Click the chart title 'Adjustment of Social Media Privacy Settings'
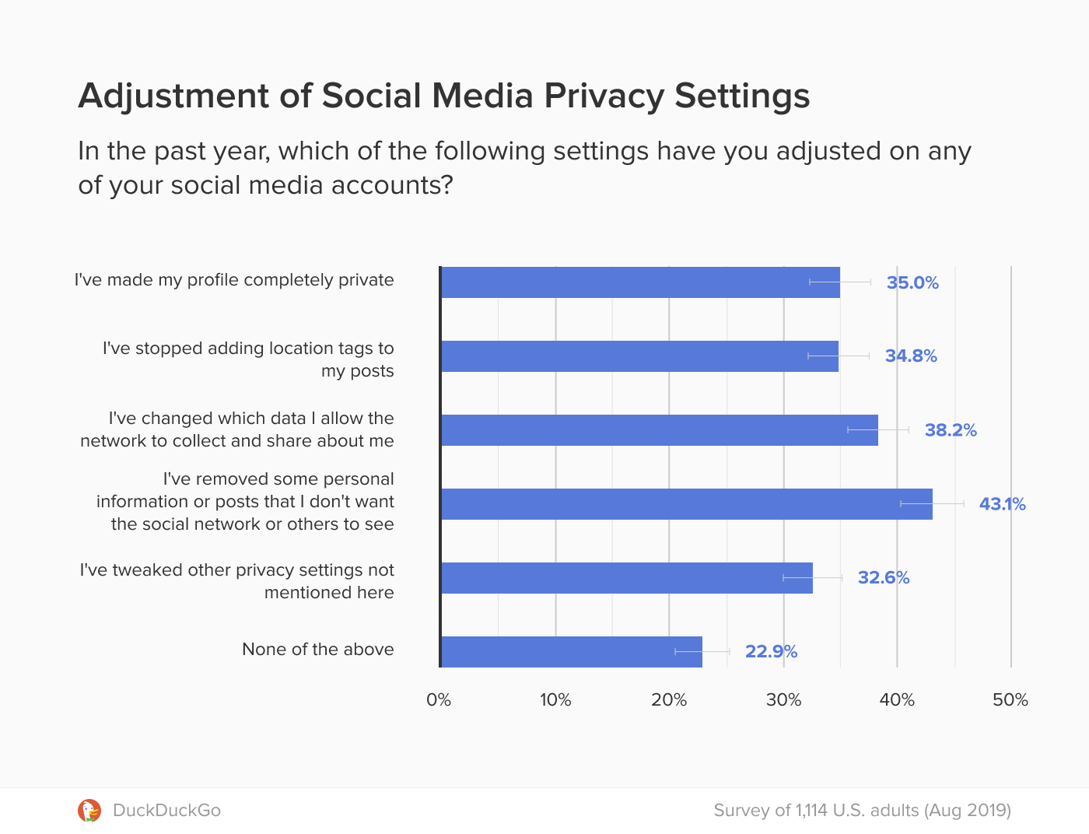click(x=443, y=96)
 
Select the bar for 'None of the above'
click(x=572, y=652)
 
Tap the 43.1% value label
click(x=1002, y=504)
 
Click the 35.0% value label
click(x=912, y=283)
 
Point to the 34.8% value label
click(x=911, y=356)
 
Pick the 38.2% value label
click(x=950, y=430)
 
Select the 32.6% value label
click(x=884, y=577)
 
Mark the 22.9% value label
click(x=771, y=651)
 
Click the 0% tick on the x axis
click(x=439, y=700)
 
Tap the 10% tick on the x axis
click(x=555, y=700)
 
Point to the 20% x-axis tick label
click(x=669, y=700)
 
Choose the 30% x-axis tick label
click(x=783, y=700)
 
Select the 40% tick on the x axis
click(x=897, y=700)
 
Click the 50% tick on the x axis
click(x=1010, y=700)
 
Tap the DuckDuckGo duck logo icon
click(x=89, y=811)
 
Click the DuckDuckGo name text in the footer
click(x=166, y=811)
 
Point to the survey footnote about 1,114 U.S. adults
click(x=862, y=811)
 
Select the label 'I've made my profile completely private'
click(x=234, y=280)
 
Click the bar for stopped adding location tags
click(x=639, y=356)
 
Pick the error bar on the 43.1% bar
click(x=932, y=504)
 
